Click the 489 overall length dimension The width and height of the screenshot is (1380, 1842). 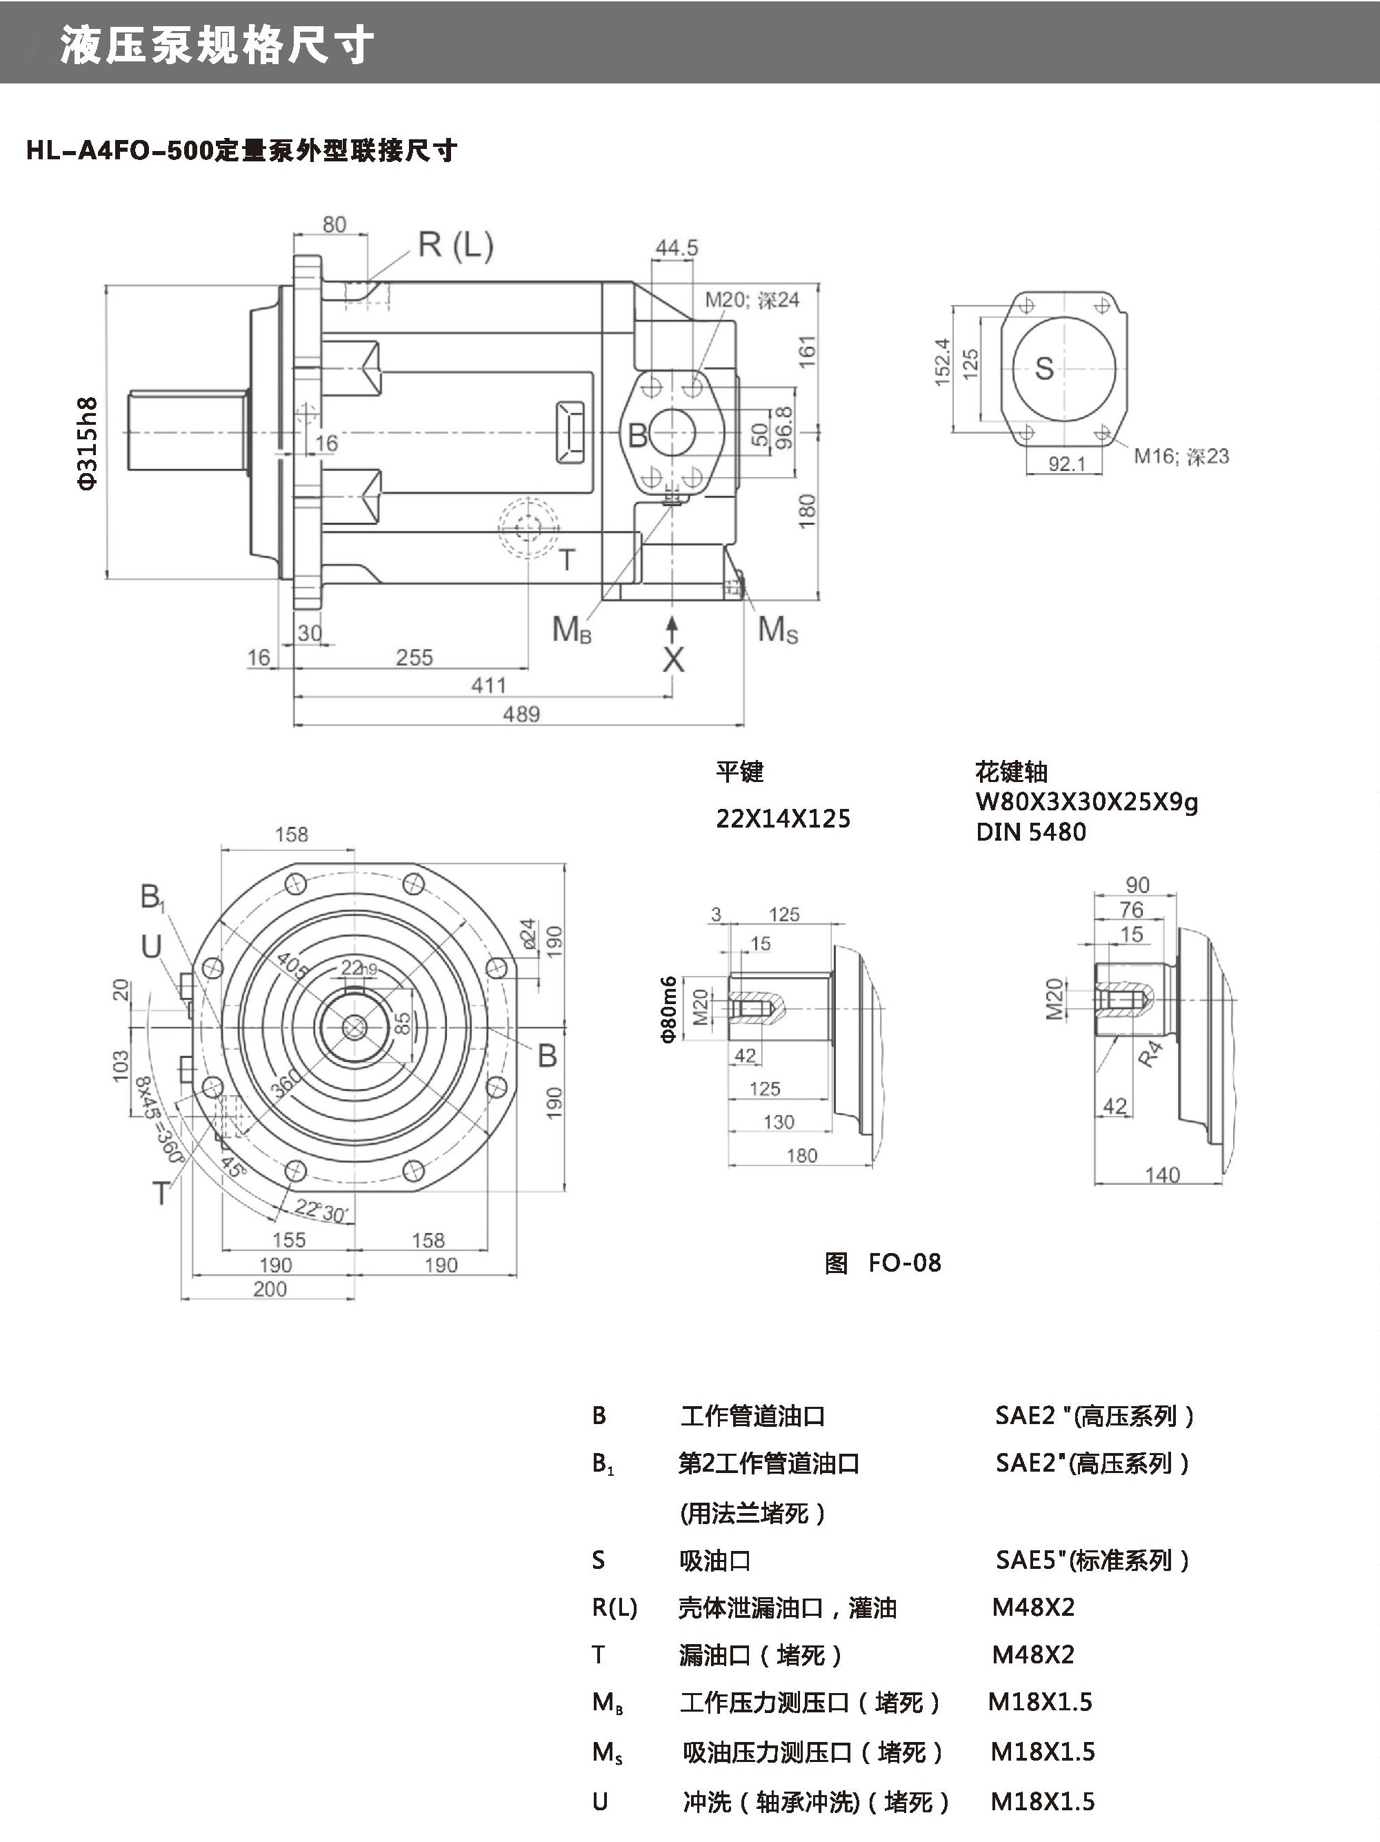click(x=521, y=714)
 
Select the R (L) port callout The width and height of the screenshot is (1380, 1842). click(x=456, y=245)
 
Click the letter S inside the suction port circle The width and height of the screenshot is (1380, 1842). click(x=1043, y=368)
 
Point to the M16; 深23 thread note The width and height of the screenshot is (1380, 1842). click(x=1181, y=457)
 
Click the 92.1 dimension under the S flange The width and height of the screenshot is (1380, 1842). click(x=1067, y=463)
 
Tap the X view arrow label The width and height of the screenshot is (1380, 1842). click(x=673, y=659)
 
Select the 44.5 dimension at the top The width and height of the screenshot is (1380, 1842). click(x=677, y=248)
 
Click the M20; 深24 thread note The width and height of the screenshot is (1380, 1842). click(x=752, y=300)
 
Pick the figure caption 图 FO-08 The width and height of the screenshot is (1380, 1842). click(x=883, y=1263)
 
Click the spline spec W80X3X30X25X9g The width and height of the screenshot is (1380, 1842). click(x=1086, y=803)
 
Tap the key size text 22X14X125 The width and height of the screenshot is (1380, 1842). click(x=783, y=819)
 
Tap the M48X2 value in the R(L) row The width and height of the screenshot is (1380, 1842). click(x=1032, y=1607)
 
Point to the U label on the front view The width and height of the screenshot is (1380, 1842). click(x=151, y=947)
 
